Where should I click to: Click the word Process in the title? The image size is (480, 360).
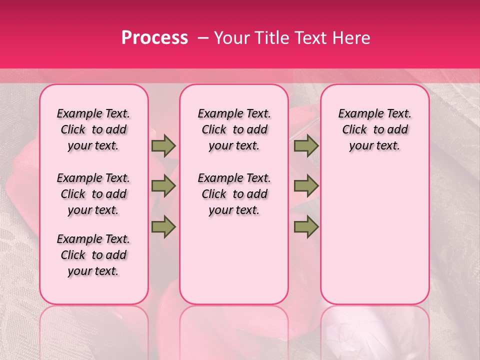click(154, 38)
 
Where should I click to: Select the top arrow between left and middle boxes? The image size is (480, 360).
click(163, 146)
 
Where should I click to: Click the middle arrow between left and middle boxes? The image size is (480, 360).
click(163, 186)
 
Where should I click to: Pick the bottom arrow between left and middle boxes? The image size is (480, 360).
click(163, 227)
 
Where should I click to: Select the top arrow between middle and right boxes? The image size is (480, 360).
click(306, 146)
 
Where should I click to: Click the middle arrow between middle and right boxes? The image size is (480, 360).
click(306, 186)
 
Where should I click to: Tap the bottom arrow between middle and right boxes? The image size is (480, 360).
click(306, 227)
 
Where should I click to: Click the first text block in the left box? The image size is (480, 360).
click(93, 129)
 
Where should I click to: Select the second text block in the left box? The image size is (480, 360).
click(93, 194)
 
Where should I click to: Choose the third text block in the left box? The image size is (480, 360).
click(93, 255)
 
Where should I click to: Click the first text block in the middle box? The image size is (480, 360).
click(234, 129)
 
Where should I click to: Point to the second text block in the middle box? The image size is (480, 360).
click(234, 194)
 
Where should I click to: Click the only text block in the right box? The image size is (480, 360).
click(374, 129)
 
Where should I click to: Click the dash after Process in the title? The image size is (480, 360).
click(203, 38)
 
